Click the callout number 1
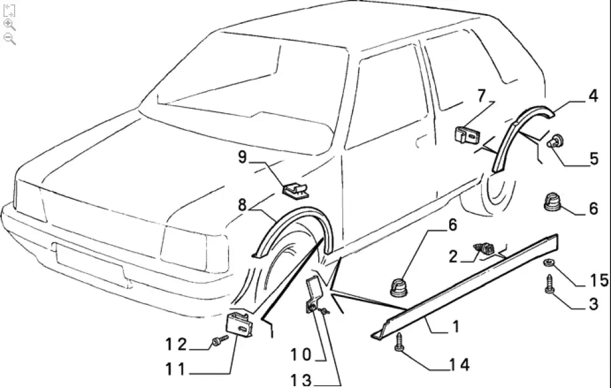coord(456,328)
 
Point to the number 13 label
coord(300,380)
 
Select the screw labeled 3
coord(549,285)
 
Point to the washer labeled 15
coord(549,263)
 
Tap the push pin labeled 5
coord(557,142)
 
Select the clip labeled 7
coord(467,134)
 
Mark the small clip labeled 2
coord(486,249)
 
